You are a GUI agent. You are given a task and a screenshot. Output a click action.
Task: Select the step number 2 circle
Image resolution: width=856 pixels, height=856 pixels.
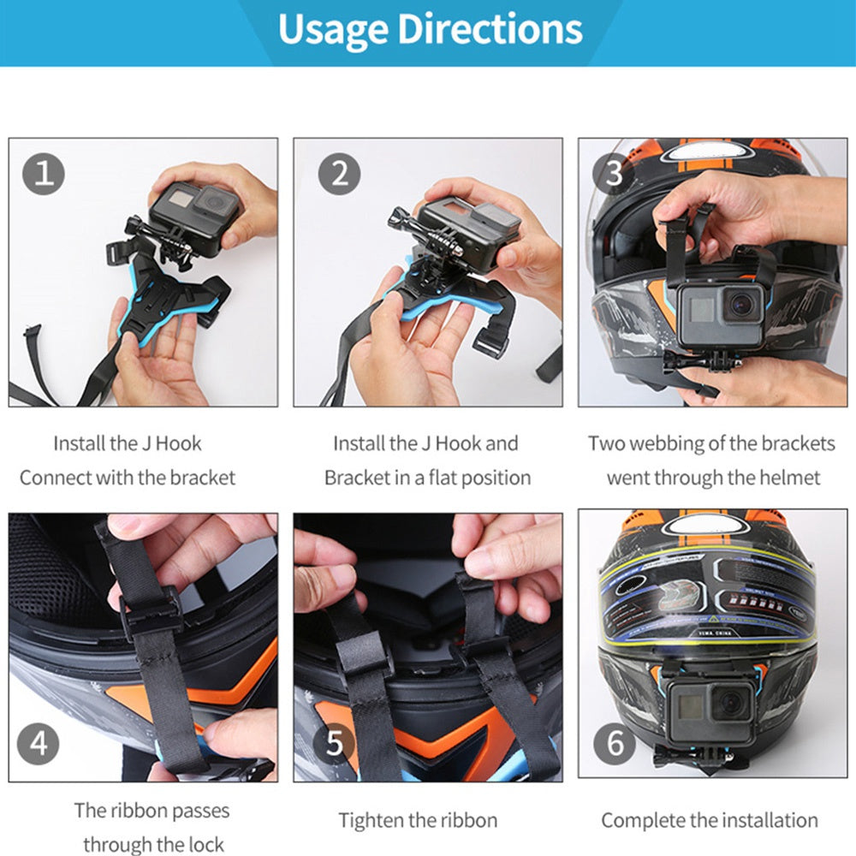coord(339,174)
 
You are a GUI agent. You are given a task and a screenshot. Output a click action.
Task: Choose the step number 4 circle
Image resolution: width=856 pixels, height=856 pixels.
coord(39,742)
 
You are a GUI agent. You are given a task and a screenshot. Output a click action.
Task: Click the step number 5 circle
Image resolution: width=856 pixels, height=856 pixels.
coord(334,742)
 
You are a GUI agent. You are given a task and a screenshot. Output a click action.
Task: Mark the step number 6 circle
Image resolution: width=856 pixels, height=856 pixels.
coord(615,742)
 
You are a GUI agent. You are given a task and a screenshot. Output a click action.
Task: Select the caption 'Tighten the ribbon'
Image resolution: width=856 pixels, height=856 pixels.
coord(418,820)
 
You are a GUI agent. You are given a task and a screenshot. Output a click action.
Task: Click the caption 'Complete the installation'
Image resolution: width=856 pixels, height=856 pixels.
coord(709,820)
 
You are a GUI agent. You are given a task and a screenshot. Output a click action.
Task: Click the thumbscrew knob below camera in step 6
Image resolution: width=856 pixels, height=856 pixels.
coord(664,756)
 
